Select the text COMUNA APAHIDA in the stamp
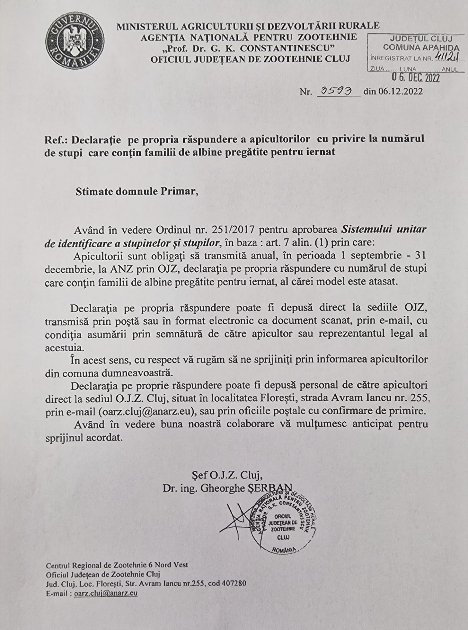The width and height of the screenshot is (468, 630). (421, 48)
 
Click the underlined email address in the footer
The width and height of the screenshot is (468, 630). (106, 593)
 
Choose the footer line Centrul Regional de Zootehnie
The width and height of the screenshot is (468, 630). (117, 565)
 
